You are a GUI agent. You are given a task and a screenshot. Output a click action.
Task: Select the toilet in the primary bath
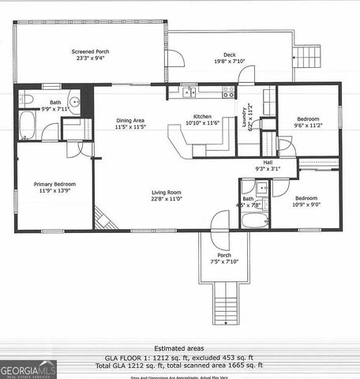pyautogui.click(x=26, y=100)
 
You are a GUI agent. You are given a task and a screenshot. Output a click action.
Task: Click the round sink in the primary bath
pyautogui.click(x=74, y=101)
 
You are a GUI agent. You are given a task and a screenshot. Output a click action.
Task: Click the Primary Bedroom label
pyautogui.click(x=54, y=184)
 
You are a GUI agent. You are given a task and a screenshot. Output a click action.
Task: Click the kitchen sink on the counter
pyautogui.click(x=189, y=93)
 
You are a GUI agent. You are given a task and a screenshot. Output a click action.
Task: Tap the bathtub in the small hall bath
pyautogui.click(x=255, y=219)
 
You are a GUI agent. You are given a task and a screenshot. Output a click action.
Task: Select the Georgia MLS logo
pyautogui.click(x=28, y=369)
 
